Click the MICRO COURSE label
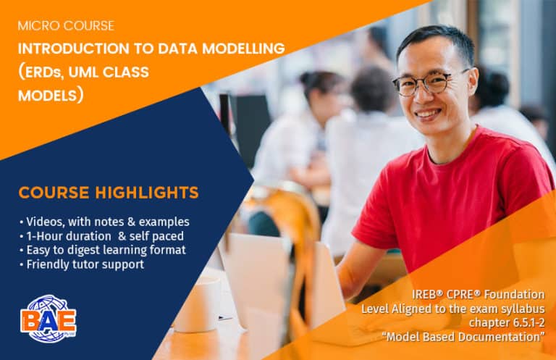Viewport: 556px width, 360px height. coord(66,26)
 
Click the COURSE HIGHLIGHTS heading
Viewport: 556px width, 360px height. coord(109,193)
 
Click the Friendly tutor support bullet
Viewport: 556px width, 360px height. coord(83,264)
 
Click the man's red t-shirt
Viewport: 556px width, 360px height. coord(456,203)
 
